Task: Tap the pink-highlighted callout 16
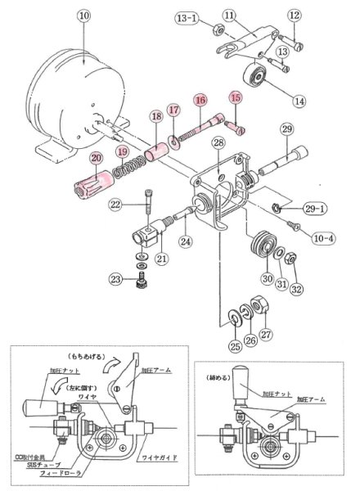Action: tap(199, 100)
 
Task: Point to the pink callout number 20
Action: tap(97, 158)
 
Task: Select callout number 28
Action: tap(218, 144)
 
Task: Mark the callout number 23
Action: tap(118, 281)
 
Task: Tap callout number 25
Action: tap(235, 345)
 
